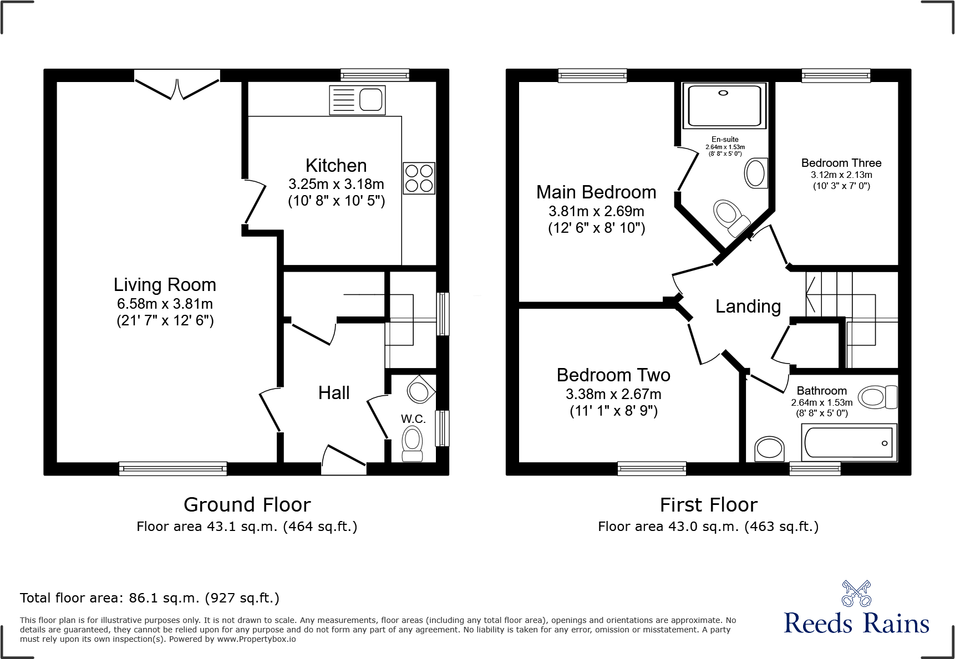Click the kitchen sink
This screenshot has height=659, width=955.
click(x=358, y=100)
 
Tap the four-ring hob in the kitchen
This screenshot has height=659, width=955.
click(x=419, y=178)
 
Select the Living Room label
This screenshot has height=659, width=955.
click(x=165, y=285)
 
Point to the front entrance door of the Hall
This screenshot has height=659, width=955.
click(x=344, y=460)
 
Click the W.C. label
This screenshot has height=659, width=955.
click(x=413, y=419)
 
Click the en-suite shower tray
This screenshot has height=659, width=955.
click(x=724, y=105)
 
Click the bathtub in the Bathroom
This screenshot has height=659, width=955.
click(x=849, y=443)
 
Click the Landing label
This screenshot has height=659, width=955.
click(x=748, y=306)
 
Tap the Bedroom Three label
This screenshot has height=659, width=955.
click(x=841, y=163)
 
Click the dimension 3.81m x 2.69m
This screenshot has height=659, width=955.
click(x=596, y=211)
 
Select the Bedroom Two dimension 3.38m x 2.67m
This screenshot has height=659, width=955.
click(x=613, y=394)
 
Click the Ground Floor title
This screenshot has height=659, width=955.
click(x=247, y=505)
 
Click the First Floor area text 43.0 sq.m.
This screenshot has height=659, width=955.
click(x=708, y=527)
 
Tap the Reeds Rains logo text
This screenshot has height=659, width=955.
click(x=856, y=624)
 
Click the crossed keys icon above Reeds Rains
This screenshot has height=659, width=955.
click(x=856, y=593)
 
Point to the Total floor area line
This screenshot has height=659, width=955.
click(x=150, y=598)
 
